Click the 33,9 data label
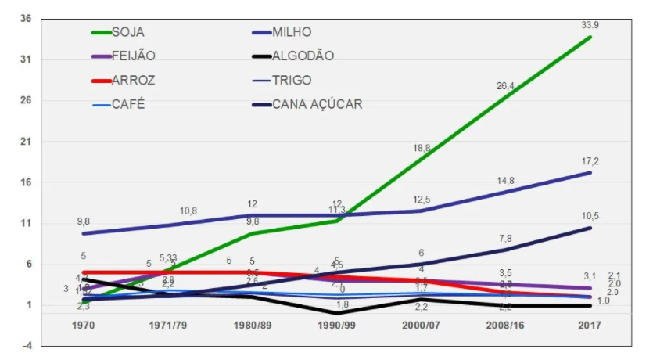point(590,26)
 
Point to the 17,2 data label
point(590,161)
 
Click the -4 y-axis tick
point(27,345)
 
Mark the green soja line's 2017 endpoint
point(590,37)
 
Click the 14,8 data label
point(506,181)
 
